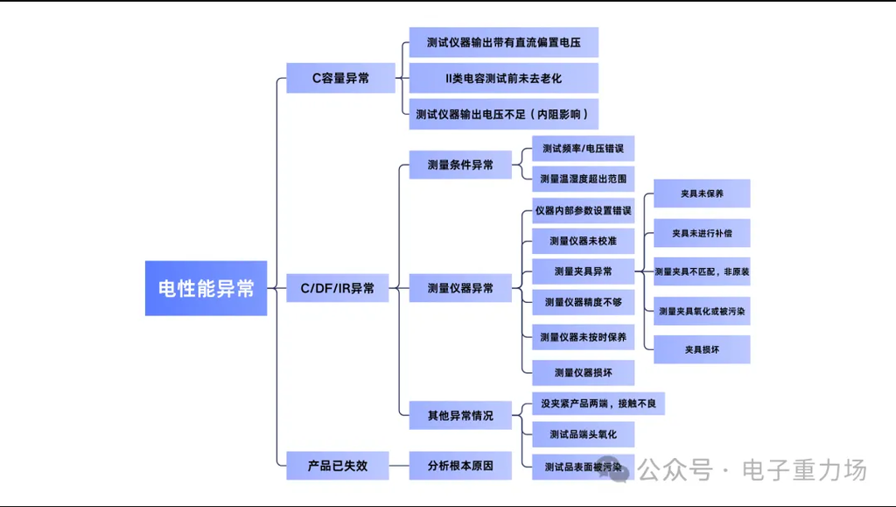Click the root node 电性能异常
[206, 288]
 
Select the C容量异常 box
[340, 78]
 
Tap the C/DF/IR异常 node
[337, 288]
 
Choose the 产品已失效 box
[337, 466]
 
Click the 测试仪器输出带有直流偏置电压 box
[503, 42]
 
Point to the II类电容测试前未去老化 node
[503, 78]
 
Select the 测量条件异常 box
[460, 165]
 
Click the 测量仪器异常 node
[460, 288]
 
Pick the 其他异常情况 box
[460, 415]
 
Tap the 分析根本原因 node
[460, 466]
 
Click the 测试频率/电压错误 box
[583, 148]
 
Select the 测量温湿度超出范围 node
[583, 179]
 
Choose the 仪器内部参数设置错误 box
[583, 211]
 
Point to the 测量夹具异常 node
[583, 271]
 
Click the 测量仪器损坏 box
[583, 373]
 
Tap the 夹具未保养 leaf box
[702, 194]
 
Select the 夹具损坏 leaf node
[702, 349]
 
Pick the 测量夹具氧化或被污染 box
[702, 311]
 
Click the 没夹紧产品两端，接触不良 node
[598, 404]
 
